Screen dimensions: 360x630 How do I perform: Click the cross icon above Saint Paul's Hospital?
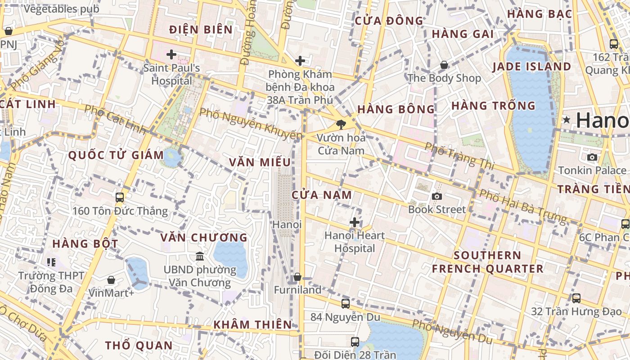pyautogui.click(x=171, y=55)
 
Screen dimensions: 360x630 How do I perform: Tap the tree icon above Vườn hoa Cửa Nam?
pyautogui.click(x=341, y=125)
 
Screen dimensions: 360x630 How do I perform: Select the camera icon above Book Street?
pyautogui.click(x=436, y=196)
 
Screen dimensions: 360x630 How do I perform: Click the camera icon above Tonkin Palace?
pyautogui.click(x=592, y=157)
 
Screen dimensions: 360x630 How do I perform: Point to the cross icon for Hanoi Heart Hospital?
pyautogui.click(x=355, y=222)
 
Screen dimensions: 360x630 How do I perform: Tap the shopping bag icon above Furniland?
pyautogui.click(x=297, y=277)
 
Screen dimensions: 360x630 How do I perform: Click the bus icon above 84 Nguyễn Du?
pyautogui.click(x=345, y=304)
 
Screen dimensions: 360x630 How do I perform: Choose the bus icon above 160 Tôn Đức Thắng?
pyautogui.click(x=120, y=198)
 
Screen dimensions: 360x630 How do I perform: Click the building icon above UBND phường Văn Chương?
pyautogui.click(x=200, y=256)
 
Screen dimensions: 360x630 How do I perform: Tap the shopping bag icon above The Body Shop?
pyautogui.click(x=444, y=65)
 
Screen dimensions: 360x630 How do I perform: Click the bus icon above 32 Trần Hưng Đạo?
pyautogui.click(x=576, y=298)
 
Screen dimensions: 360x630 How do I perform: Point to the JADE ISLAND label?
pyautogui.click(x=531, y=67)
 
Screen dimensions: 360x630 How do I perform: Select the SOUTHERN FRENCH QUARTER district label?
pyautogui.click(x=487, y=262)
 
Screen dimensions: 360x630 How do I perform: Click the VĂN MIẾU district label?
pyautogui.click(x=260, y=162)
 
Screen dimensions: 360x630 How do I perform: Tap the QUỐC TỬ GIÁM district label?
pyautogui.click(x=116, y=155)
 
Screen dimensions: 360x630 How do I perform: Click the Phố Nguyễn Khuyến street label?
pyautogui.click(x=251, y=124)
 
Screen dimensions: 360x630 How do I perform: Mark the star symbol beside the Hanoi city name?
pyautogui.click(x=566, y=120)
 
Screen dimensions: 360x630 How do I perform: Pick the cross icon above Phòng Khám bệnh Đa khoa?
pyautogui.click(x=300, y=61)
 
